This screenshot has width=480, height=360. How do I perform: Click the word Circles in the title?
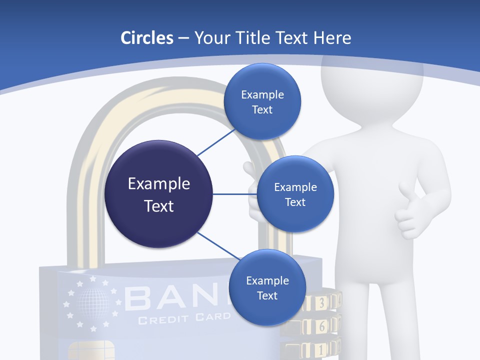click(146, 38)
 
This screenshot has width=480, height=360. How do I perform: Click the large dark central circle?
click(158, 194)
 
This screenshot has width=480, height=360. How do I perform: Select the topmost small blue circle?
click(262, 101)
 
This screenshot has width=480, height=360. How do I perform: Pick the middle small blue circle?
click(295, 194)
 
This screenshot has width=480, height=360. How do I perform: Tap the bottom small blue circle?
click(267, 287)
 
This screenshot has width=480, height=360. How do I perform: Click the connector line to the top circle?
click(216, 141)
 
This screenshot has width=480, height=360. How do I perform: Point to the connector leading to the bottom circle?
click(217, 246)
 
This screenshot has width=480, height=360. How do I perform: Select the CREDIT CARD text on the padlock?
click(184, 318)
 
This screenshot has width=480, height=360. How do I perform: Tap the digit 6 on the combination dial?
click(322, 326)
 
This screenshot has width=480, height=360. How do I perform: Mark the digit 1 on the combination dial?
click(321, 348)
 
